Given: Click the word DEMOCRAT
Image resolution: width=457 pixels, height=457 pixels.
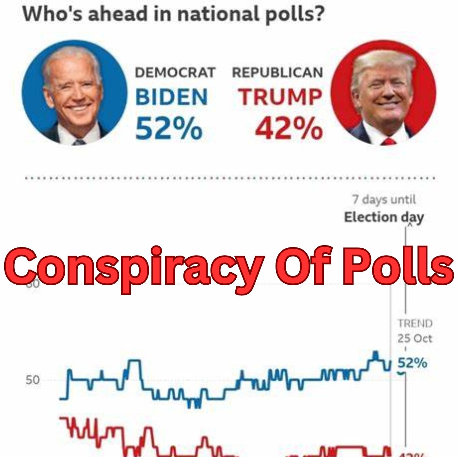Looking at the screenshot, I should [175, 72].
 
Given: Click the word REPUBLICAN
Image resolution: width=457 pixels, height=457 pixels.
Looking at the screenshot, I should [277, 72].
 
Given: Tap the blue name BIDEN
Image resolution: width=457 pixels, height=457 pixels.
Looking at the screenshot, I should [171, 97].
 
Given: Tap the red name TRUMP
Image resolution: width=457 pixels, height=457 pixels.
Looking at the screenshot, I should [280, 97].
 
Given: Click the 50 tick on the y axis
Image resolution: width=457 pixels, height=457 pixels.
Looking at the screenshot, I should [33, 380].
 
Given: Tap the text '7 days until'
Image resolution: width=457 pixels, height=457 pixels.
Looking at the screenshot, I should [384, 199].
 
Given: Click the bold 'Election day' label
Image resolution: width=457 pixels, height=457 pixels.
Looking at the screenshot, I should [384, 217].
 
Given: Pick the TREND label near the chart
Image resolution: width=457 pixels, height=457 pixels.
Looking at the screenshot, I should [415, 323].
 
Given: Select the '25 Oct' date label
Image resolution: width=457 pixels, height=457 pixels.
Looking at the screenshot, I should [415, 339].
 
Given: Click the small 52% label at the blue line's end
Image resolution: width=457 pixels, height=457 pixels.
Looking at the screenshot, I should [412, 363].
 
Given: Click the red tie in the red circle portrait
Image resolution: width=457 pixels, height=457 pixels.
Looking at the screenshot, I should [388, 141].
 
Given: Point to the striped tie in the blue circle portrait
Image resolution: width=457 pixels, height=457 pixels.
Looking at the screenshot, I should [79, 142].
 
